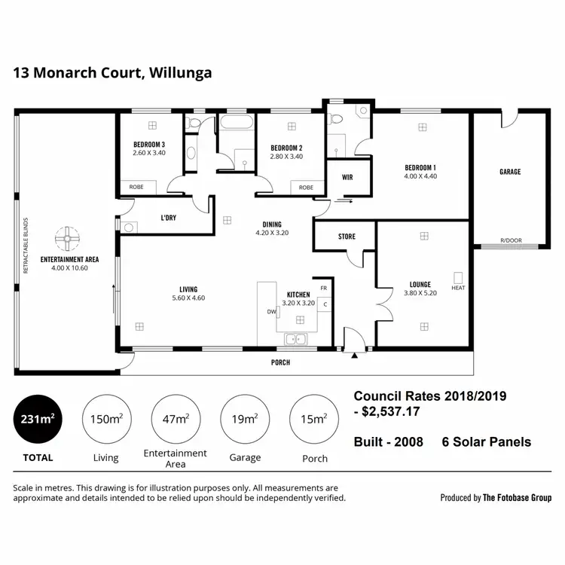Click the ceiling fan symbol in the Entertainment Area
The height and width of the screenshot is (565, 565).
click(67, 240)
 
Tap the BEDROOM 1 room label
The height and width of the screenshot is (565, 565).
click(420, 167)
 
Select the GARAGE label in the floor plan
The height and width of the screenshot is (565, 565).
click(510, 172)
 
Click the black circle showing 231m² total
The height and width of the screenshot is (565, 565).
click(38, 420)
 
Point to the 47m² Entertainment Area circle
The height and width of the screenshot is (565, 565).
click(176, 420)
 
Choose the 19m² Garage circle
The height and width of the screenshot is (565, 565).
click(245, 420)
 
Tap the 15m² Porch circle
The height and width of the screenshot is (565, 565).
click(314, 420)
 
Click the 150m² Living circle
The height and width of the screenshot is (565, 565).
click(106, 420)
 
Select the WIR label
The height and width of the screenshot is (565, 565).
click(347, 179)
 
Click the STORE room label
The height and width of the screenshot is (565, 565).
click(347, 237)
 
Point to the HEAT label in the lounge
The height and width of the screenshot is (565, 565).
click(458, 288)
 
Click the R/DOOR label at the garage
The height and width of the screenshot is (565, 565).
click(510, 242)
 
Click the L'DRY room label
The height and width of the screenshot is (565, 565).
click(169, 218)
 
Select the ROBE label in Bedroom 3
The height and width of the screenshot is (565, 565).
click(136, 188)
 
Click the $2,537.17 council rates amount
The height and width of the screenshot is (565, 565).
click(392, 412)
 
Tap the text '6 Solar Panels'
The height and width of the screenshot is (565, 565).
click(486, 442)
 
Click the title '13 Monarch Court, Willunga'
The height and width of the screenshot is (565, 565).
click(112, 73)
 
